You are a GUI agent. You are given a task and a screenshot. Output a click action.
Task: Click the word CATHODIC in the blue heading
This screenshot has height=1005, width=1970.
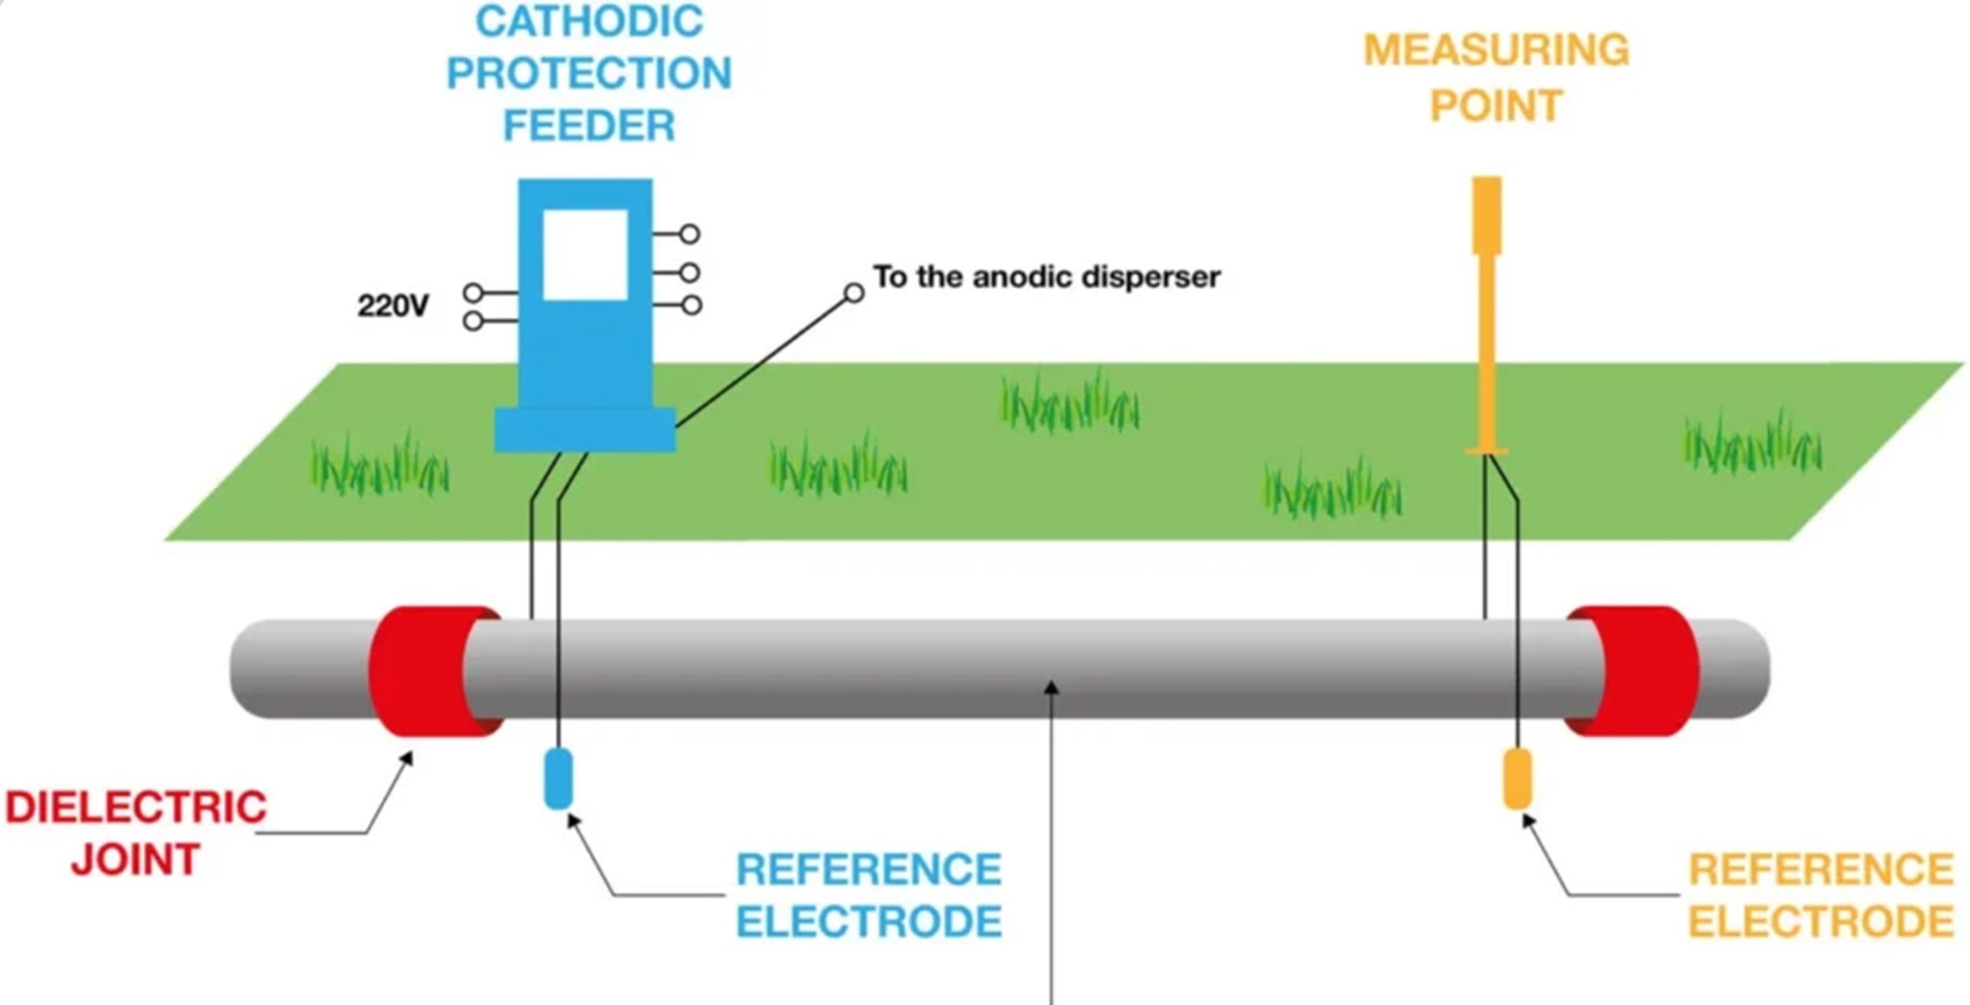[x=589, y=21]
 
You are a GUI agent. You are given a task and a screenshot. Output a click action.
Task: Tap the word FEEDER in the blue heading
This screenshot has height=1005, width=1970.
[x=589, y=125]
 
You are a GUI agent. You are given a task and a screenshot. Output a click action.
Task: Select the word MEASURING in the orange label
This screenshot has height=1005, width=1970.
[x=1496, y=50]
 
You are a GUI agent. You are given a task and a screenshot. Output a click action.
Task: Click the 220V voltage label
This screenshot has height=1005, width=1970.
[x=392, y=306]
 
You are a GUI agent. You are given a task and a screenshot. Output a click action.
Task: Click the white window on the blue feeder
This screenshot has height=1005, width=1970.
[x=585, y=254]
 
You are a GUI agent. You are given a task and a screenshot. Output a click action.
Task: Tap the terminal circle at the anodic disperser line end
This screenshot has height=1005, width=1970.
[x=853, y=293]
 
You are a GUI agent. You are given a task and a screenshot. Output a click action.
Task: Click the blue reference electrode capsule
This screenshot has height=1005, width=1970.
[x=558, y=779]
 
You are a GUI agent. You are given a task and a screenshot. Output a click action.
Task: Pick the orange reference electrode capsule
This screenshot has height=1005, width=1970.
[x=1517, y=779]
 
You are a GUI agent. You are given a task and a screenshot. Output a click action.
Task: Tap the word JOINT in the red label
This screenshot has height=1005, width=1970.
[x=136, y=860]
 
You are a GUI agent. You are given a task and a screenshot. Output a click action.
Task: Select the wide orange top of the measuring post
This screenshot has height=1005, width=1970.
[x=1487, y=215]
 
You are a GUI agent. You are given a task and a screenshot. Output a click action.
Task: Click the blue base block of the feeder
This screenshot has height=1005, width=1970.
[x=585, y=429]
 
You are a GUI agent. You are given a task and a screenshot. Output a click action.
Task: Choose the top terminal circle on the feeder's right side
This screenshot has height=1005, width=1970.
[x=689, y=234]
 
